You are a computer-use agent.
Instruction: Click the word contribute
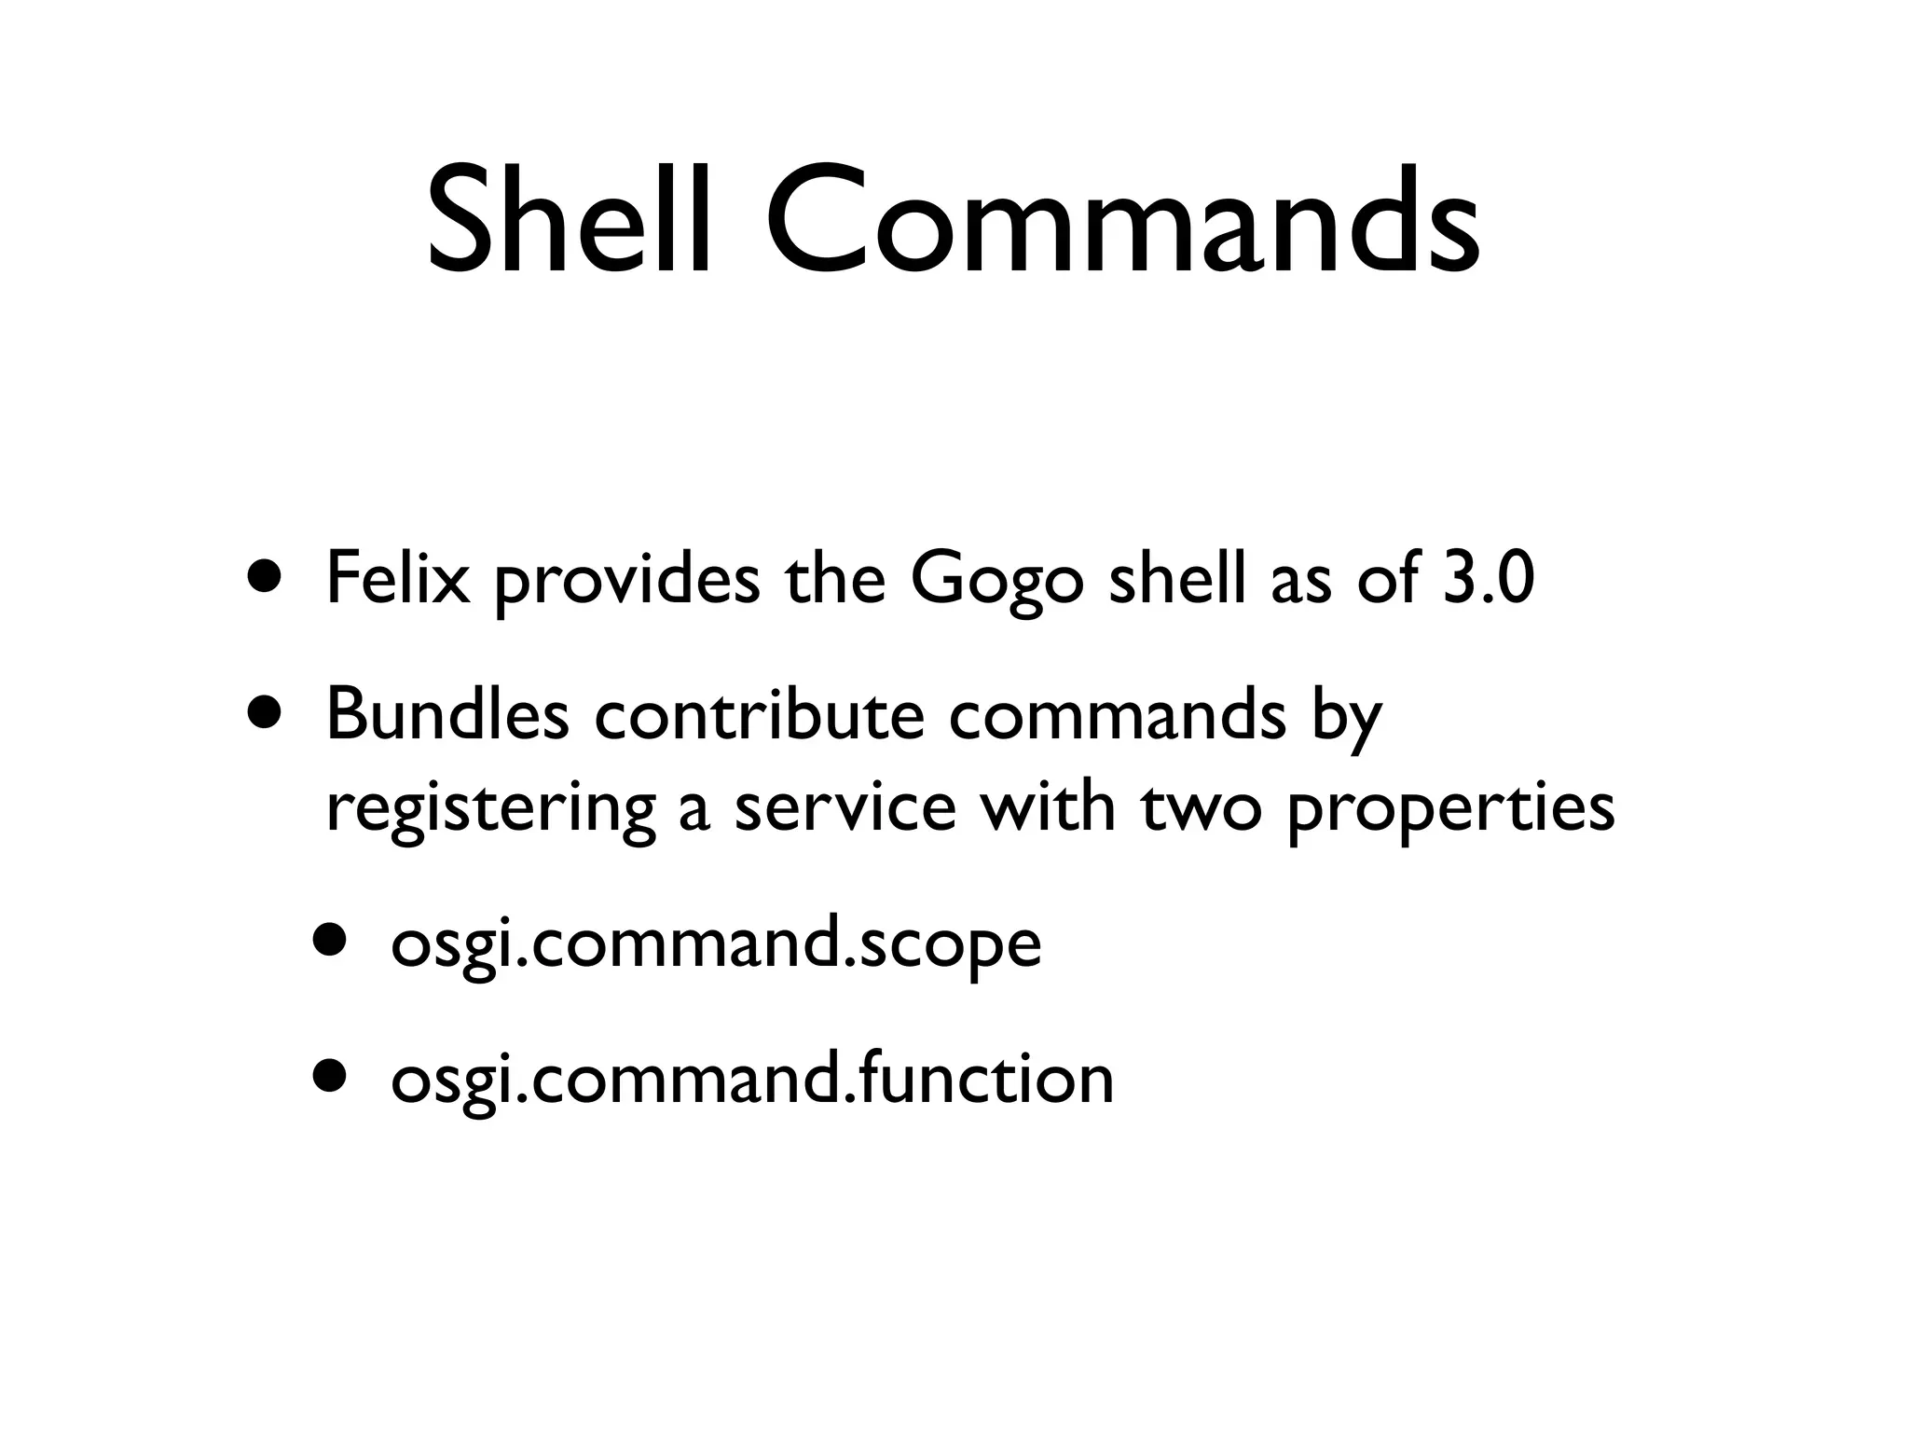[x=760, y=716]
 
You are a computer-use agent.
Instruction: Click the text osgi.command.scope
[x=715, y=945]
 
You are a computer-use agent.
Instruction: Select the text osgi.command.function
[x=752, y=1080]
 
